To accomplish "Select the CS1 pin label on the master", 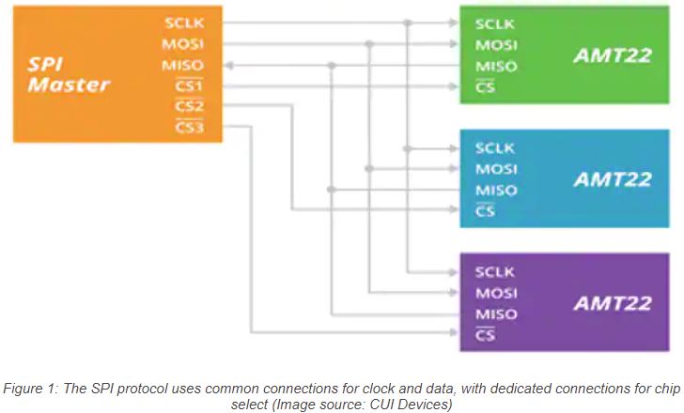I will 189,85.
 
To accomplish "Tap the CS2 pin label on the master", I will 189,106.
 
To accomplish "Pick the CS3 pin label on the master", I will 189,128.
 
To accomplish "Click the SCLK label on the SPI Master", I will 183,23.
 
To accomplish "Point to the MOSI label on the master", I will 183,43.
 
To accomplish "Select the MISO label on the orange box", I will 183,64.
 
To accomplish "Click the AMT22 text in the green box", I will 612,55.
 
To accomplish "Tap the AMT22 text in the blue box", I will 612,178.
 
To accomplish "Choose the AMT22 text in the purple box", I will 612,303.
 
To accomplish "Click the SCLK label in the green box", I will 495,23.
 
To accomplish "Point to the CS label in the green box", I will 485,87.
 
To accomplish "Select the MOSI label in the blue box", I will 496,169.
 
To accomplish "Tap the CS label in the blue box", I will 485,211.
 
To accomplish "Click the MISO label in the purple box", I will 496,314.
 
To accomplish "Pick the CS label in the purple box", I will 485,335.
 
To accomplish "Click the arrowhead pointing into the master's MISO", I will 229,65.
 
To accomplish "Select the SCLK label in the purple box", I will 495,272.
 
